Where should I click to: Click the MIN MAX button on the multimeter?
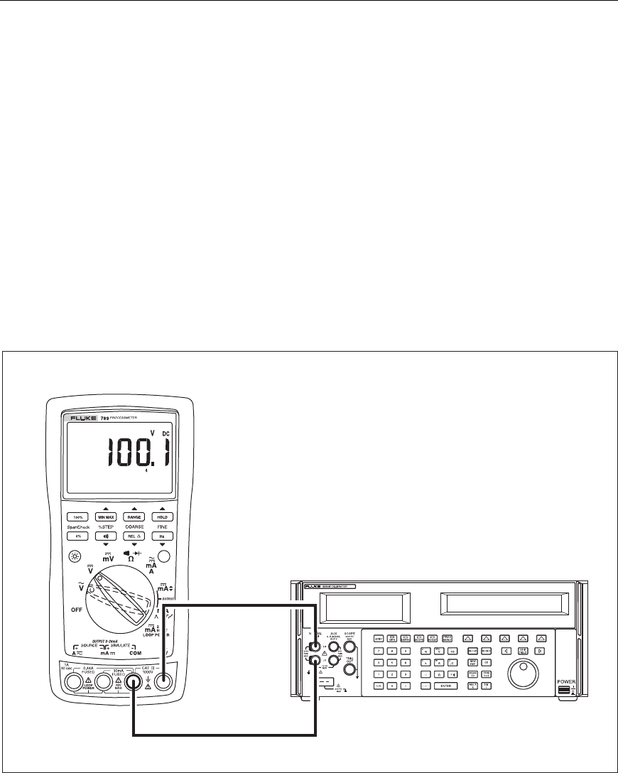pyautogui.click(x=105, y=517)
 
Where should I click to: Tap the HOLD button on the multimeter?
pyautogui.click(x=162, y=517)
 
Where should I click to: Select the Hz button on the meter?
pyautogui.click(x=162, y=537)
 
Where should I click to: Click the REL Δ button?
pyautogui.click(x=134, y=537)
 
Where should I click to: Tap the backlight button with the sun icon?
pyautogui.click(x=75, y=558)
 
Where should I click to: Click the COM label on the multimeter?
pyautogui.click(x=136, y=652)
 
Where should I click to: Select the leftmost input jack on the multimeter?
pyautogui.click(x=73, y=683)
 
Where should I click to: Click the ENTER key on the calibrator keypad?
pyautogui.click(x=446, y=685)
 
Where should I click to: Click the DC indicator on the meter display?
pyautogui.click(x=165, y=433)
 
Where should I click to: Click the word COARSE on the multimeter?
pyautogui.click(x=134, y=527)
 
